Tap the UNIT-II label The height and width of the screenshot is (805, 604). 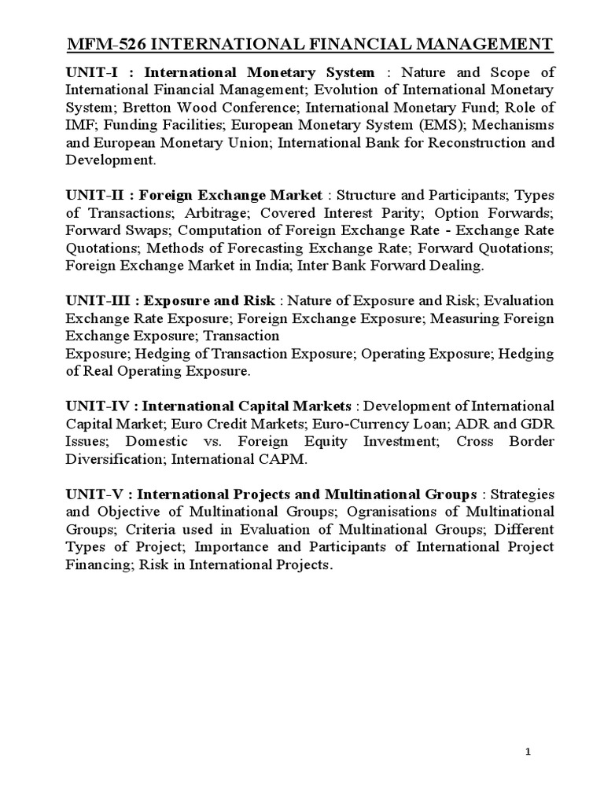tap(97, 194)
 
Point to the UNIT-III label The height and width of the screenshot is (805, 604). tap(99, 301)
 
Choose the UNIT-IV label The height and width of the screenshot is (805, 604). tap(98, 406)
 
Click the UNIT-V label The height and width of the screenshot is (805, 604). tap(95, 494)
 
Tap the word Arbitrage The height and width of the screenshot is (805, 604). tap(218, 212)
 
